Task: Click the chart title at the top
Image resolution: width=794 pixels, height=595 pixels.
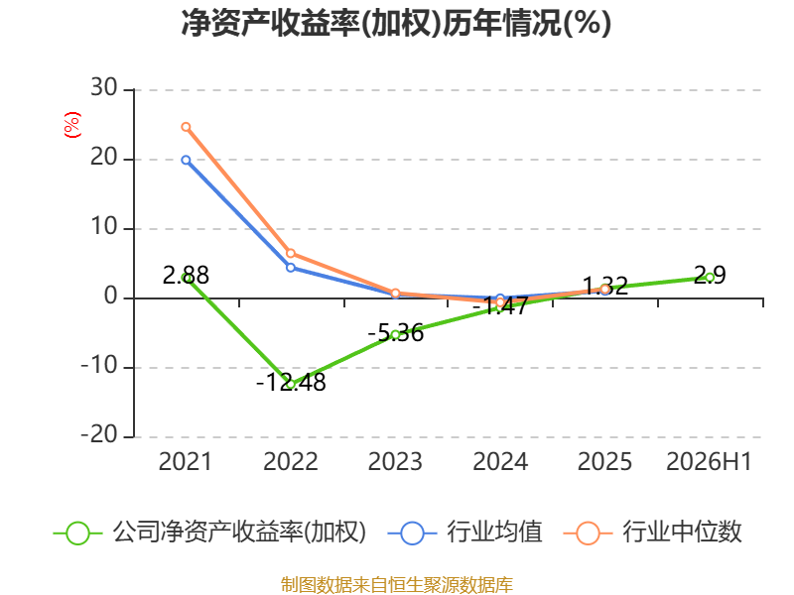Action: point(396,23)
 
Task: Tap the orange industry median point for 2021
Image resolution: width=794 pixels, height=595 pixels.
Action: point(186,127)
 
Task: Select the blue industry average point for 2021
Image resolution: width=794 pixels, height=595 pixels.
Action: point(186,161)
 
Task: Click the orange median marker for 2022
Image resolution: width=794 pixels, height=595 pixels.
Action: point(291,253)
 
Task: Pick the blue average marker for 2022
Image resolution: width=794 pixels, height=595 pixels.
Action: point(291,267)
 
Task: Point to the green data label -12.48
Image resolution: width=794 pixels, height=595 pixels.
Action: point(291,382)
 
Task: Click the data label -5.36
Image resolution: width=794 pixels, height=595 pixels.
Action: point(395,333)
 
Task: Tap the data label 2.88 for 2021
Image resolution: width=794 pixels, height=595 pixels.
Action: point(186,276)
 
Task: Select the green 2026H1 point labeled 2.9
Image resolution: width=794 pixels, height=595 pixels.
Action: point(710,278)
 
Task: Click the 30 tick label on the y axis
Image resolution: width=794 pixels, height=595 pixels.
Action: point(104,88)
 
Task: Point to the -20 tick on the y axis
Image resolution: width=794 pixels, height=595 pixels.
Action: point(99,434)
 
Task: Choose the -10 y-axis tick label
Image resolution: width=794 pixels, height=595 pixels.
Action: point(99,365)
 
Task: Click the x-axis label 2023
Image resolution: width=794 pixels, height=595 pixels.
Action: point(395,462)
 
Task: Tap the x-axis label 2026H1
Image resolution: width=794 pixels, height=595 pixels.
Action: point(709,462)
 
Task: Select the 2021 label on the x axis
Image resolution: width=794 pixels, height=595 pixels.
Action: point(186,462)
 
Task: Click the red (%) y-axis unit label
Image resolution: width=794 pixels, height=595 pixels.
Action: point(71,125)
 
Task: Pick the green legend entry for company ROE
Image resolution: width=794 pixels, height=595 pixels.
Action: point(209,533)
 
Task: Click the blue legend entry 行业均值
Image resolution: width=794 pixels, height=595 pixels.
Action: point(464,533)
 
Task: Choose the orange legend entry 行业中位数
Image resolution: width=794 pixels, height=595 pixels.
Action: point(652,533)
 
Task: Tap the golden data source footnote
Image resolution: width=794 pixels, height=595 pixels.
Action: point(397,585)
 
